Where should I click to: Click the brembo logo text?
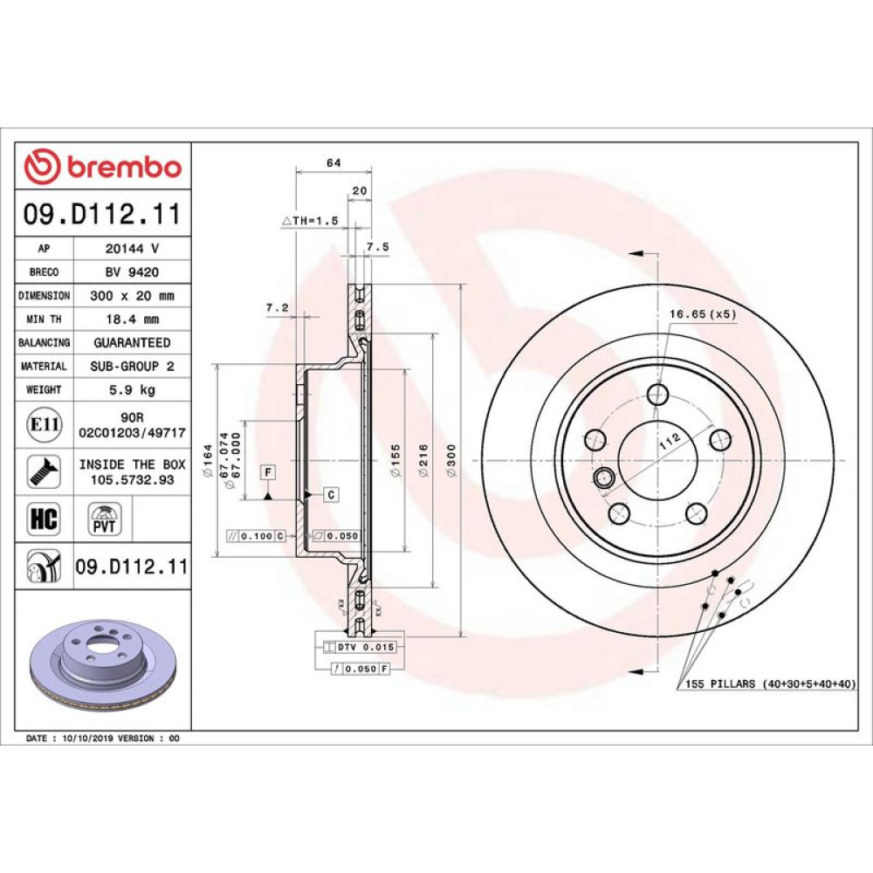click(125, 167)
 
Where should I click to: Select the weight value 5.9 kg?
click(132, 389)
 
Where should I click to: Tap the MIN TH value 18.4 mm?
click(132, 320)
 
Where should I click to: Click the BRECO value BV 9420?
click(132, 272)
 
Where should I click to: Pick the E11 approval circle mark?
click(44, 425)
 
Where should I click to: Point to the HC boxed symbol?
click(44, 519)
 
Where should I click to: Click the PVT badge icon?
click(104, 519)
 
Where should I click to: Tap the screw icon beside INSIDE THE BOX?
click(44, 471)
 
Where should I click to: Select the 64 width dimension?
click(333, 163)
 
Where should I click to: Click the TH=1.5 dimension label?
click(310, 221)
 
